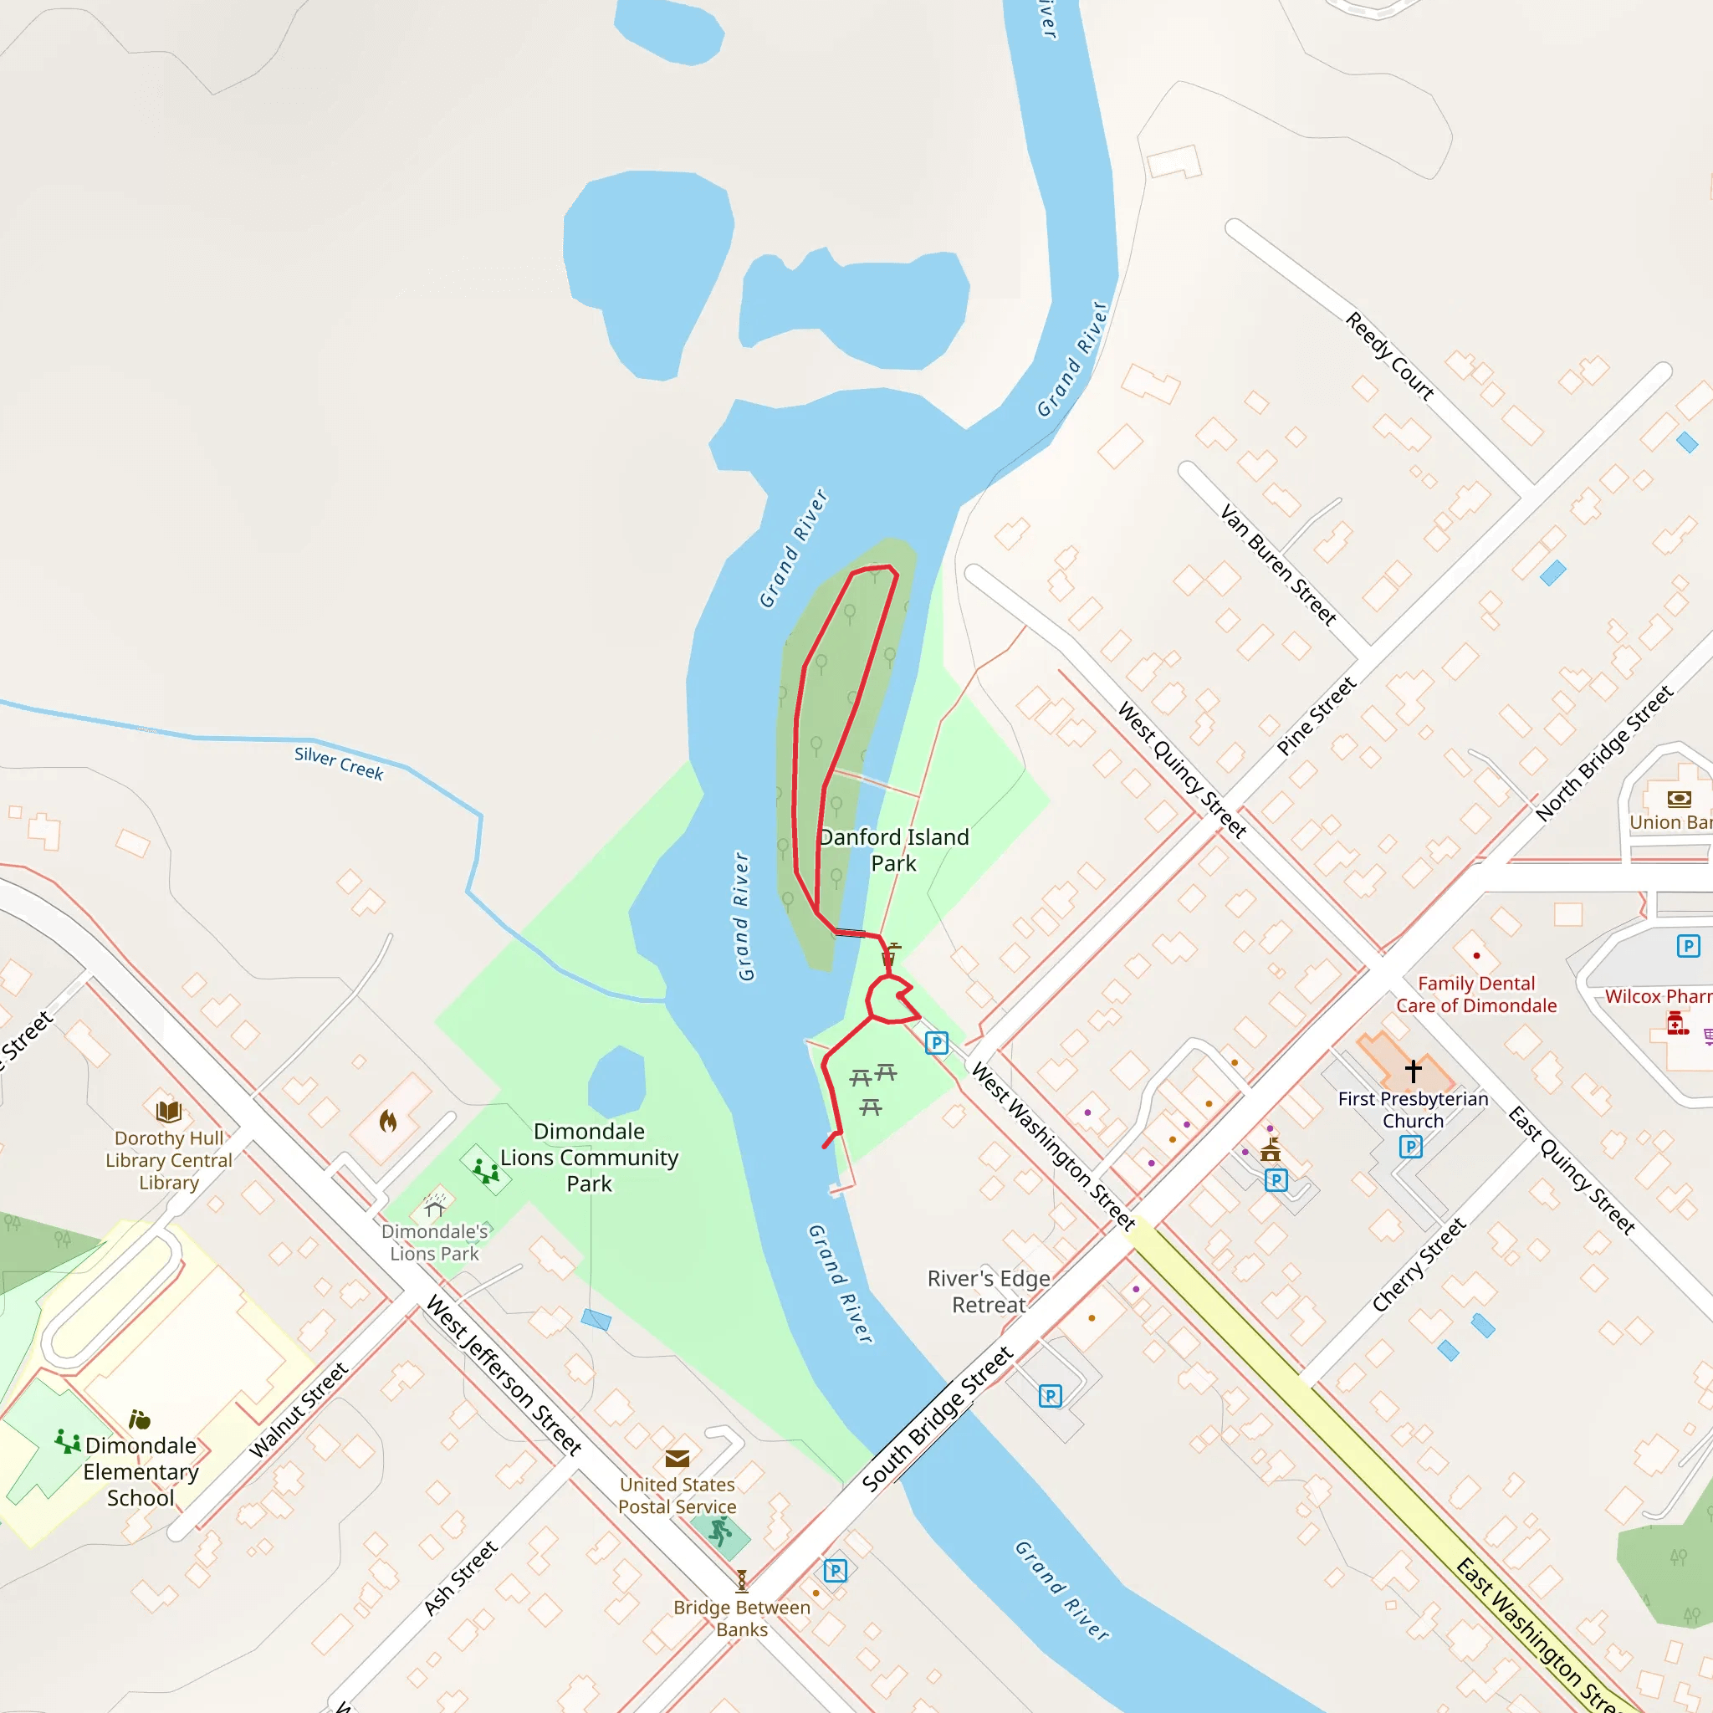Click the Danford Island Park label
894,851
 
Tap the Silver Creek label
339,763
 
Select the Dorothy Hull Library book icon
168,1111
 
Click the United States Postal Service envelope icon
678,1459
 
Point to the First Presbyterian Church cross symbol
1414,1071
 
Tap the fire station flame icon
387,1122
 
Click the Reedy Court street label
1389,356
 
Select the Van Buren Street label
1278,565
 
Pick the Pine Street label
1316,717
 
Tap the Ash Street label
460,1578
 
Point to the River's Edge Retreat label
989,1291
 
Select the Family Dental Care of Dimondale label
1476,994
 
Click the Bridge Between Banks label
741,1618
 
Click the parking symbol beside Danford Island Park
936,1043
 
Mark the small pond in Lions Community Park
616,1081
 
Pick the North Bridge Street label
1604,753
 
